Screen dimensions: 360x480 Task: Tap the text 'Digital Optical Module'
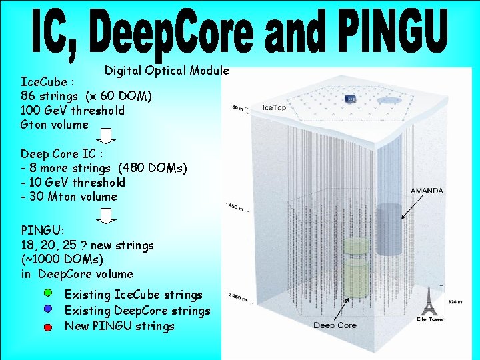(x=167, y=70)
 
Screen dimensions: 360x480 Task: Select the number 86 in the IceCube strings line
(x=29, y=96)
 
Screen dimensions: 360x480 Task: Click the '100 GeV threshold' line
(x=73, y=110)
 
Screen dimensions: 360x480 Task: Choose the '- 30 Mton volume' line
(x=69, y=196)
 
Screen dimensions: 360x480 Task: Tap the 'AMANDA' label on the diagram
(x=427, y=191)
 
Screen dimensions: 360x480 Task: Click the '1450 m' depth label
(x=237, y=207)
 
